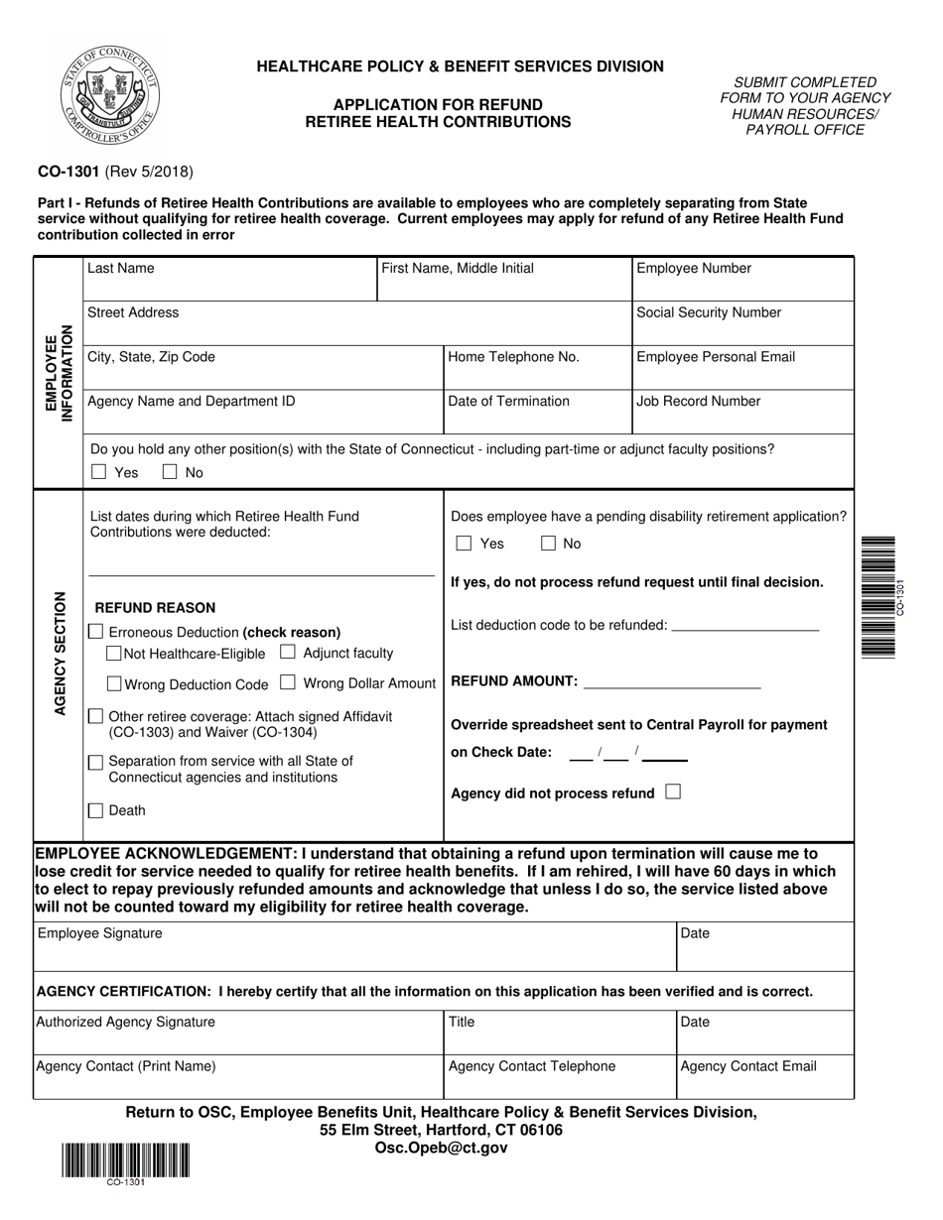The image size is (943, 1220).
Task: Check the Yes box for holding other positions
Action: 98,473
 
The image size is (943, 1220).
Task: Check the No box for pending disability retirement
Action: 548,544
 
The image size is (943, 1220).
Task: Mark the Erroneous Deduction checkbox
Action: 95,632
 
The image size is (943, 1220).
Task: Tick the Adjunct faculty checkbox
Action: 288,653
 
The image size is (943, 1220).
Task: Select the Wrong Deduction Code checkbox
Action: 114,683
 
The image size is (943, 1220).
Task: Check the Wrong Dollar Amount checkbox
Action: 288,682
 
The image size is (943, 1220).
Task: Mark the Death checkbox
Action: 96,810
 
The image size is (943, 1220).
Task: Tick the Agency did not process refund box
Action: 673,793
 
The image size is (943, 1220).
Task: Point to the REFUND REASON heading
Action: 154,608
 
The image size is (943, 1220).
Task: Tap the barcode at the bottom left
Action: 126,1159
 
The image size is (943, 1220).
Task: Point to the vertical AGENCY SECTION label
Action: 60,654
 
